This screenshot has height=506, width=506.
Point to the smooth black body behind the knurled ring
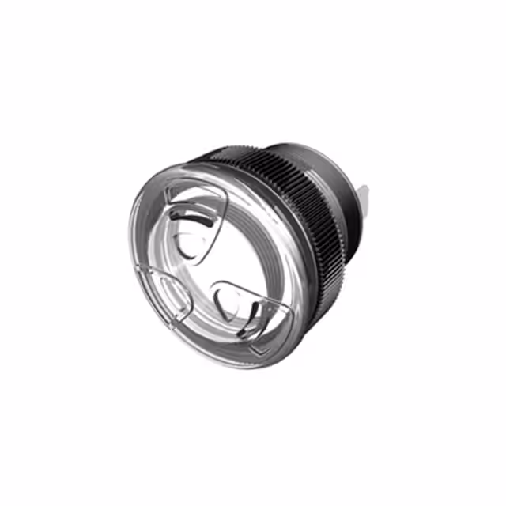(336, 190)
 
